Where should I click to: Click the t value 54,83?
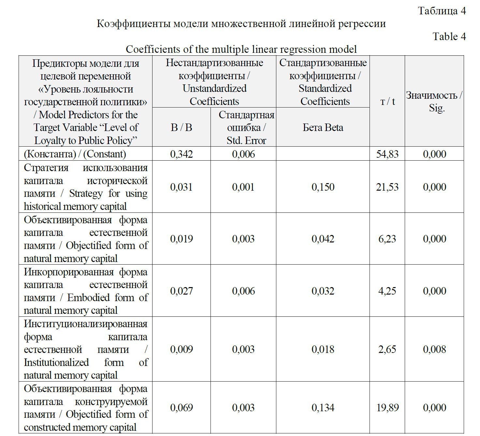(387, 154)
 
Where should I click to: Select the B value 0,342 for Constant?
(182, 154)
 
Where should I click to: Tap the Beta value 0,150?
(323, 187)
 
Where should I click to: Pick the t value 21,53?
(387, 187)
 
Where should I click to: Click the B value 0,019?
(182, 239)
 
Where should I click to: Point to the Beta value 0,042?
(323, 239)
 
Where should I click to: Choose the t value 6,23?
(387, 239)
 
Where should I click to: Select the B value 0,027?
(182, 291)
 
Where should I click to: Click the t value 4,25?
(387, 291)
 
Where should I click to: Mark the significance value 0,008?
(434, 349)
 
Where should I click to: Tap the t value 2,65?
(387, 349)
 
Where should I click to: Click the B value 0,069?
(182, 408)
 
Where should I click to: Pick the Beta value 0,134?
(323, 408)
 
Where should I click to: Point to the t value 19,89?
(387, 408)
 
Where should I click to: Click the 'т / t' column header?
(387, 101)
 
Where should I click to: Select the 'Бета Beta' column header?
(323, 127)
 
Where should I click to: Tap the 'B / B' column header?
(182, 127)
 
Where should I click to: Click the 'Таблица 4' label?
(442, 11)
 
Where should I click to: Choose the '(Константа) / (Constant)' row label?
(75, 154)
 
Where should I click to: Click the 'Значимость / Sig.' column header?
(434, 101)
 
